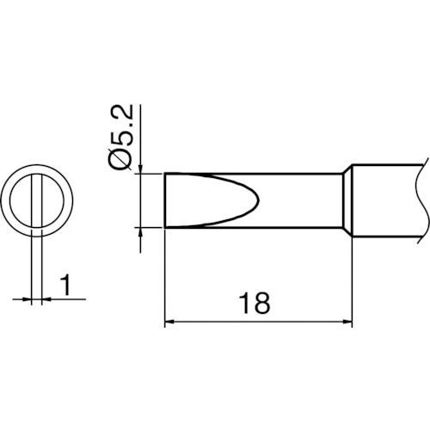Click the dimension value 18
pyautogui.click(x=256, y=304)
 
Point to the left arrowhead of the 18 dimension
pyautogui.click(x=169, y=322)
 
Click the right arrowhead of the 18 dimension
pyautogui.click(x=348, y=322)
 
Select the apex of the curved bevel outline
pyautogui.click(x=255, y=200)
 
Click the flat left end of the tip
pyautogui.click(x=164, y=200)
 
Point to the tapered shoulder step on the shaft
pyautogui.click(x=349, y=200)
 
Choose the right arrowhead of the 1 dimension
pyautogui.click(x=43, y=299)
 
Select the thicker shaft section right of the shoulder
pyautogui.click(x=387, y=200)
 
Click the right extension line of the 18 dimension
pyautogui.click(x=353, y=284)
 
